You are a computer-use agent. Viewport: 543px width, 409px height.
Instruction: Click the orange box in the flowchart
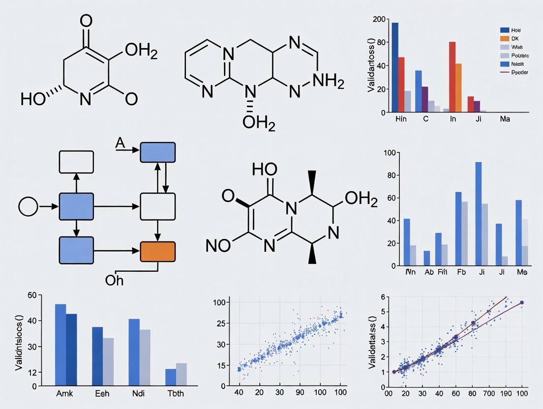click(x=158, y=251)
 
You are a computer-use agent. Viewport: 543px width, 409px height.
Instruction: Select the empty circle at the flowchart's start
click(x=29, y=206)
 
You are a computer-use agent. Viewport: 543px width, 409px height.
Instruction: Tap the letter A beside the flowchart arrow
click(x=120, y=143)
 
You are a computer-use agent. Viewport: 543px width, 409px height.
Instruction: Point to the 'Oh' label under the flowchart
click(x=114, y=280)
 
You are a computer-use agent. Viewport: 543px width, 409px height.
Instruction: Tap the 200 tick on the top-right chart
click(x=379, y=19)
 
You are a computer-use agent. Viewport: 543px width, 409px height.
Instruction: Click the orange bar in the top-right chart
click(x=458, y=88)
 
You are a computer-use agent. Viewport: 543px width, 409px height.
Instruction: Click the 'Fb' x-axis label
click(x=460, y=272)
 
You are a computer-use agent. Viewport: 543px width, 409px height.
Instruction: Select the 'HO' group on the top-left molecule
click(x=33, y=99)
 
